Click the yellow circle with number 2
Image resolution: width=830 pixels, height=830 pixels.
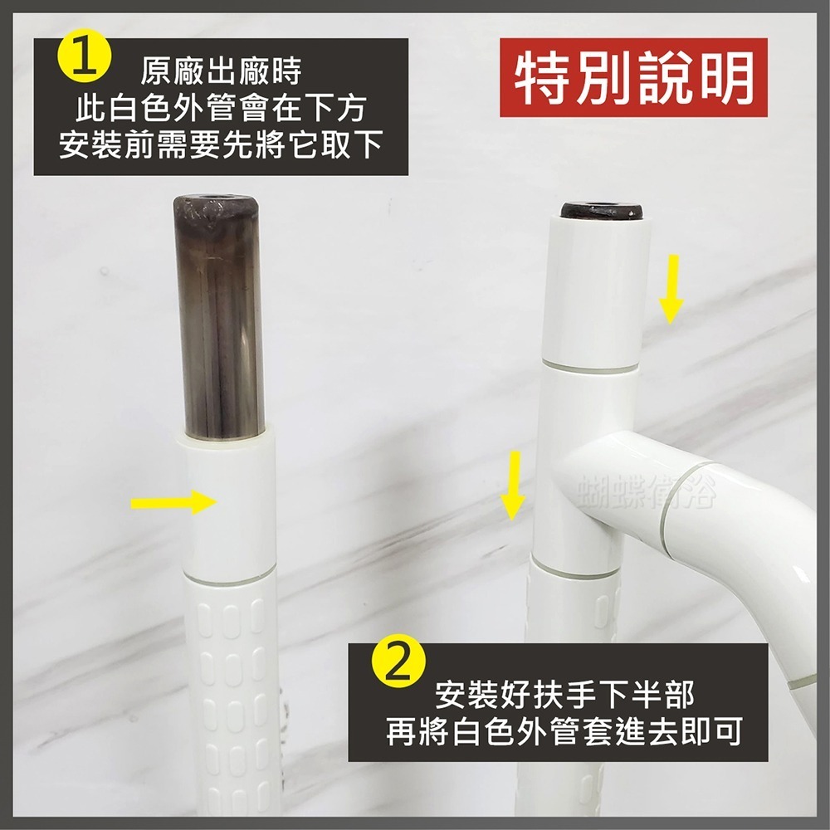pos(398,663)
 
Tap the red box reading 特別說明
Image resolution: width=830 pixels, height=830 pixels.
pos(634,79)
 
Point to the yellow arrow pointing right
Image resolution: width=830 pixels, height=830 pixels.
pos(171,501)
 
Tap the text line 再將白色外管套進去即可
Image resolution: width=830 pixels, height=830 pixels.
pos(564,733)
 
